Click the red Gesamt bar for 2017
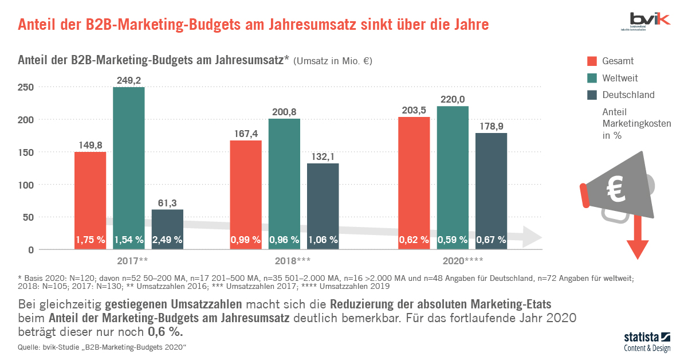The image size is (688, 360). (89, 195)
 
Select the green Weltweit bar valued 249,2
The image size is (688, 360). (128, 161)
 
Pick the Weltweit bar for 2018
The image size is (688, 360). (284, 178)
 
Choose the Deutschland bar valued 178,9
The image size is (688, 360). (491, 183)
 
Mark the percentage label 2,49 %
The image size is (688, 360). (167, 240)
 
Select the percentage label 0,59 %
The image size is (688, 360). (453, 240)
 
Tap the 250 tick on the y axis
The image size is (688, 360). (26, 87)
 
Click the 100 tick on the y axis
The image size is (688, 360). (26, 185)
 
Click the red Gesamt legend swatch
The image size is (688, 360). (592, 61)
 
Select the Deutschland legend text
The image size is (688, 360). (628, 95)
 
